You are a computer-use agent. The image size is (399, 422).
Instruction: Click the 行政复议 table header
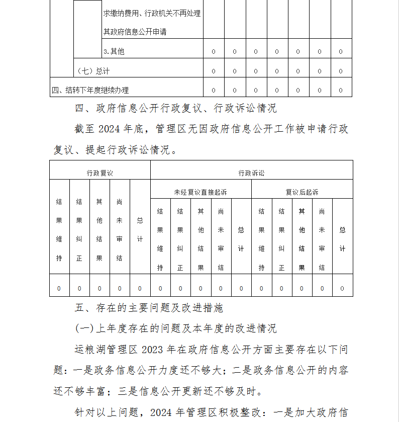pyautogui.click(x=99, y=173)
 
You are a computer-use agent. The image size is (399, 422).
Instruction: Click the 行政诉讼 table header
pyautogui.click(x=251, y=173)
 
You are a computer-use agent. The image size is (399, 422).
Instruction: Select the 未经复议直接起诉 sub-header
pyautogui.click(x=201, y=192)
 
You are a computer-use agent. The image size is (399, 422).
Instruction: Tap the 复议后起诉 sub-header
pyautogui.click(x=302, y=192)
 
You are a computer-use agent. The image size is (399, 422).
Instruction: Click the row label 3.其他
pyautogui.click(x=114, y=51)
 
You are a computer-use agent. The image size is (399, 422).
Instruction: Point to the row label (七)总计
pyautogui.click(x=92, y=71)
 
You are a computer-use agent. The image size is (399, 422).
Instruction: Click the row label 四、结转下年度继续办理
pyautogui.click(x=90, y=91)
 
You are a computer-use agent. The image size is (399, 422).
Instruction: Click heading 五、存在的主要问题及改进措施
pyautogui.click(x=149, y=307)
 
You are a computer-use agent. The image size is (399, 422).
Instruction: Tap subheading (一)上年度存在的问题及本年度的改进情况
pyautogui.click(x=175, y=328)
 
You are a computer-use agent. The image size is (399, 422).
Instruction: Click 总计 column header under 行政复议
pyautogui.click(x=140, y=230)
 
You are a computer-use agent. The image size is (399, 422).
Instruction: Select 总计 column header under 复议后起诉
pyautogui.click(x=342, y=239)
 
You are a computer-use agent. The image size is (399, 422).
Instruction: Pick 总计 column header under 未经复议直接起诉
pyautogui.click(x=241, y=239)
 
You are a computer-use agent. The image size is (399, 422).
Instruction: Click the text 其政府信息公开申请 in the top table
pyautogui.click(x=135, y=32)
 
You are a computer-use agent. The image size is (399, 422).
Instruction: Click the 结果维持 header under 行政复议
pyautogui.click(x=59, y=230)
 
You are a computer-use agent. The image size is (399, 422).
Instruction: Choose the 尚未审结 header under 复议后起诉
pyautogui.click(x=322, y=239)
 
